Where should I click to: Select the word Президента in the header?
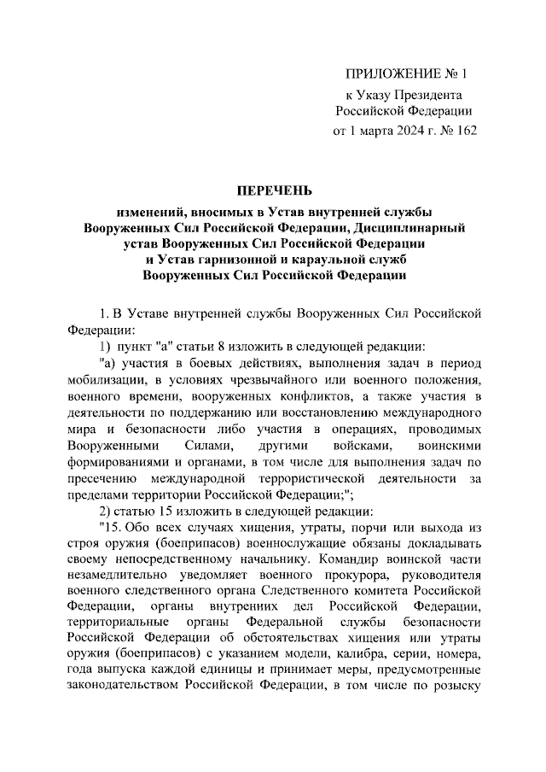pos(429,95)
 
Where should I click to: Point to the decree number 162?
pos(465,131)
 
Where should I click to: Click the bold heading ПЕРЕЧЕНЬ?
pos(274,190)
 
